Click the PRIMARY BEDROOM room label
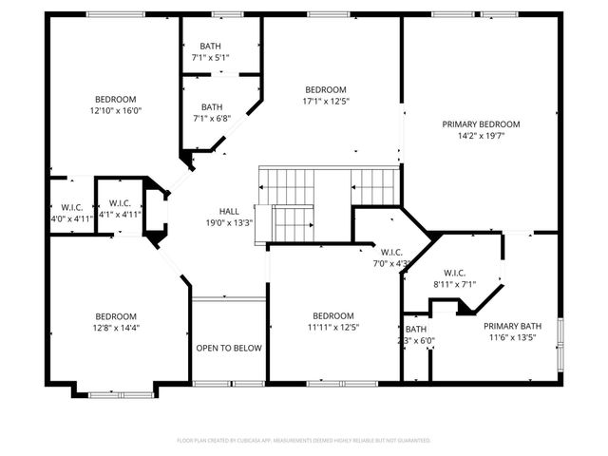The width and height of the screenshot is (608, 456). click(481, 124)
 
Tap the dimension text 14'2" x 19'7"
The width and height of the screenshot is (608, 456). click(481, 136)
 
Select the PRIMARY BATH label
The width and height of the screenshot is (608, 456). click(516, 326)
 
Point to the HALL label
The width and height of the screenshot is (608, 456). click(229, 212)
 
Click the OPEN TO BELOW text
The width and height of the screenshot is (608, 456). click(229, 349)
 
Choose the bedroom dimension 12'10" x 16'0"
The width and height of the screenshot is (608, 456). click(115, 110)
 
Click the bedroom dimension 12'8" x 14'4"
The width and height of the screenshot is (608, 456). click(115, 328)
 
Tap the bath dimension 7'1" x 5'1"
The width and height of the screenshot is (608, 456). click(212, 57)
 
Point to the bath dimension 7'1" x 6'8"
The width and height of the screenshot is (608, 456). click(212, 119)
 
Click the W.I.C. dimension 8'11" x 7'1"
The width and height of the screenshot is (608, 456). click(453, 283)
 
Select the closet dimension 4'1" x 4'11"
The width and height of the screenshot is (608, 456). click(120, 214)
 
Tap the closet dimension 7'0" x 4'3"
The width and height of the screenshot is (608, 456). click(391, 263)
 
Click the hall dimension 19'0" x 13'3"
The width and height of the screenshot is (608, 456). click(229, 223)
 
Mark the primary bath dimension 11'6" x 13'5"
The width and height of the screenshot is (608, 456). click(516, 337)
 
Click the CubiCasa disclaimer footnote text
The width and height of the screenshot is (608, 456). click(304, 440)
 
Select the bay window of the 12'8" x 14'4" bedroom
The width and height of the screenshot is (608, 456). click(115, 391)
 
